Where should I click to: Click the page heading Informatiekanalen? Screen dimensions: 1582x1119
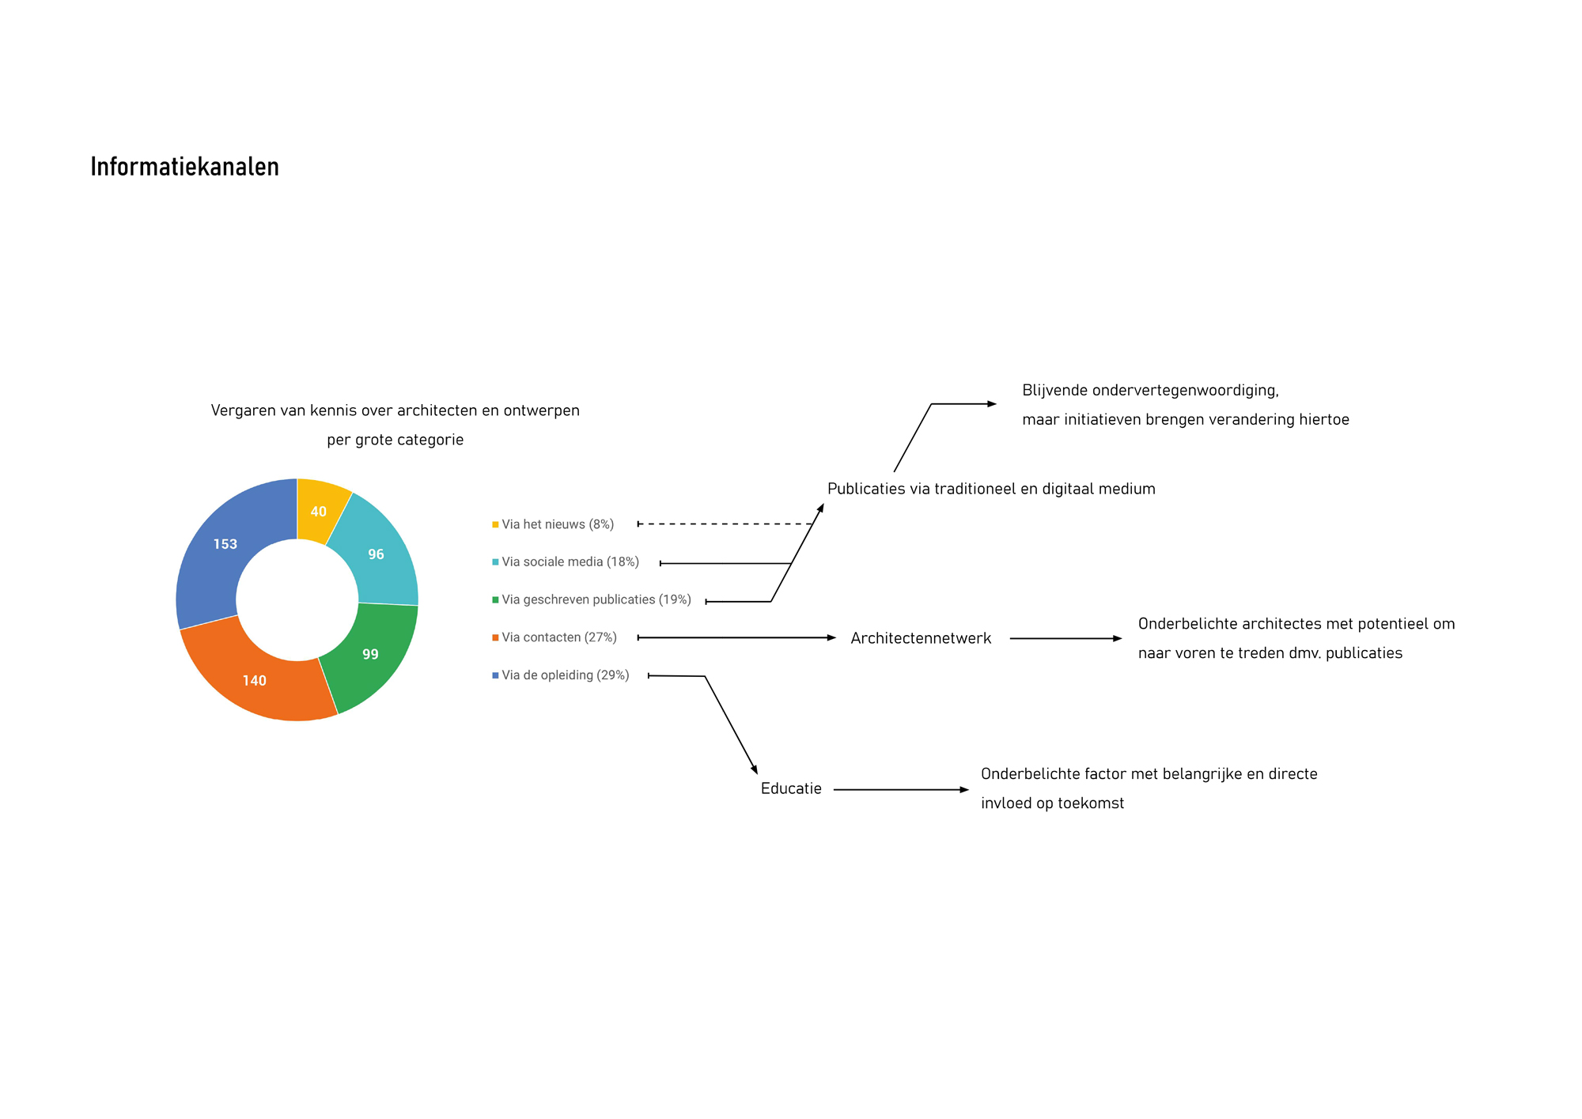click(184, 167)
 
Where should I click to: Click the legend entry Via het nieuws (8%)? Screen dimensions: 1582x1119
click(553, 524)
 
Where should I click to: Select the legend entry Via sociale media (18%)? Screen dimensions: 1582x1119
click(566, 562)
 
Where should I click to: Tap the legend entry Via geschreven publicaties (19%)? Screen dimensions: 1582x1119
click(592, 599)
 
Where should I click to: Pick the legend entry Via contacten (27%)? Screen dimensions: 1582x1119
click(554, 637)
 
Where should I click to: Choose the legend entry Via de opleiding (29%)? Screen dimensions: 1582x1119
click(561, 675)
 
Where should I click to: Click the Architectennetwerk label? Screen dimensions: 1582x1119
click(921, 638)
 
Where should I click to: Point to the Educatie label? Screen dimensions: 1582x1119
click(791, 788)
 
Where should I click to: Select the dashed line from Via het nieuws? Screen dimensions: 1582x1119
click(725, 524)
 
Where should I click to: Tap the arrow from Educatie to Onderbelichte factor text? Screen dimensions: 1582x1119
click(901, 789)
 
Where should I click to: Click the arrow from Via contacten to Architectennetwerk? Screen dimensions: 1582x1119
click(736, 637)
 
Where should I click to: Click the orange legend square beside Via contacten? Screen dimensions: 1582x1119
click(495, 637)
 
